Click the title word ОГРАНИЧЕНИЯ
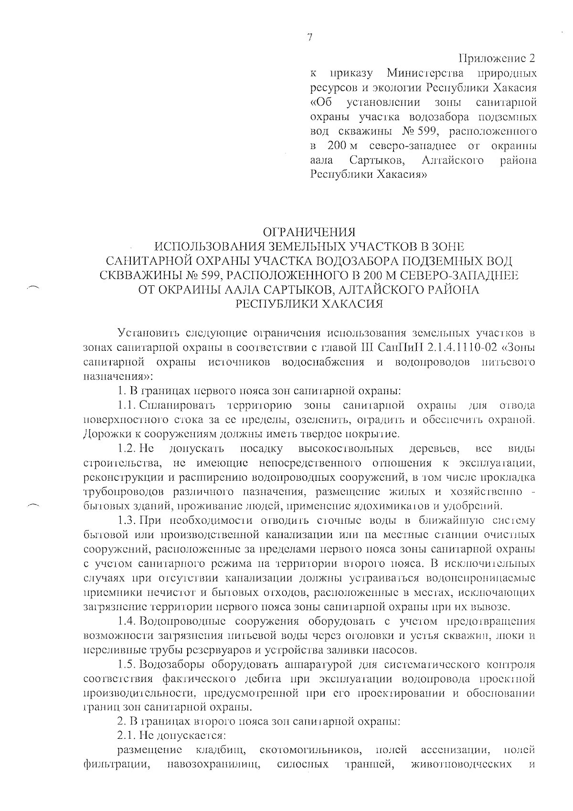(x=310, y=233)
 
